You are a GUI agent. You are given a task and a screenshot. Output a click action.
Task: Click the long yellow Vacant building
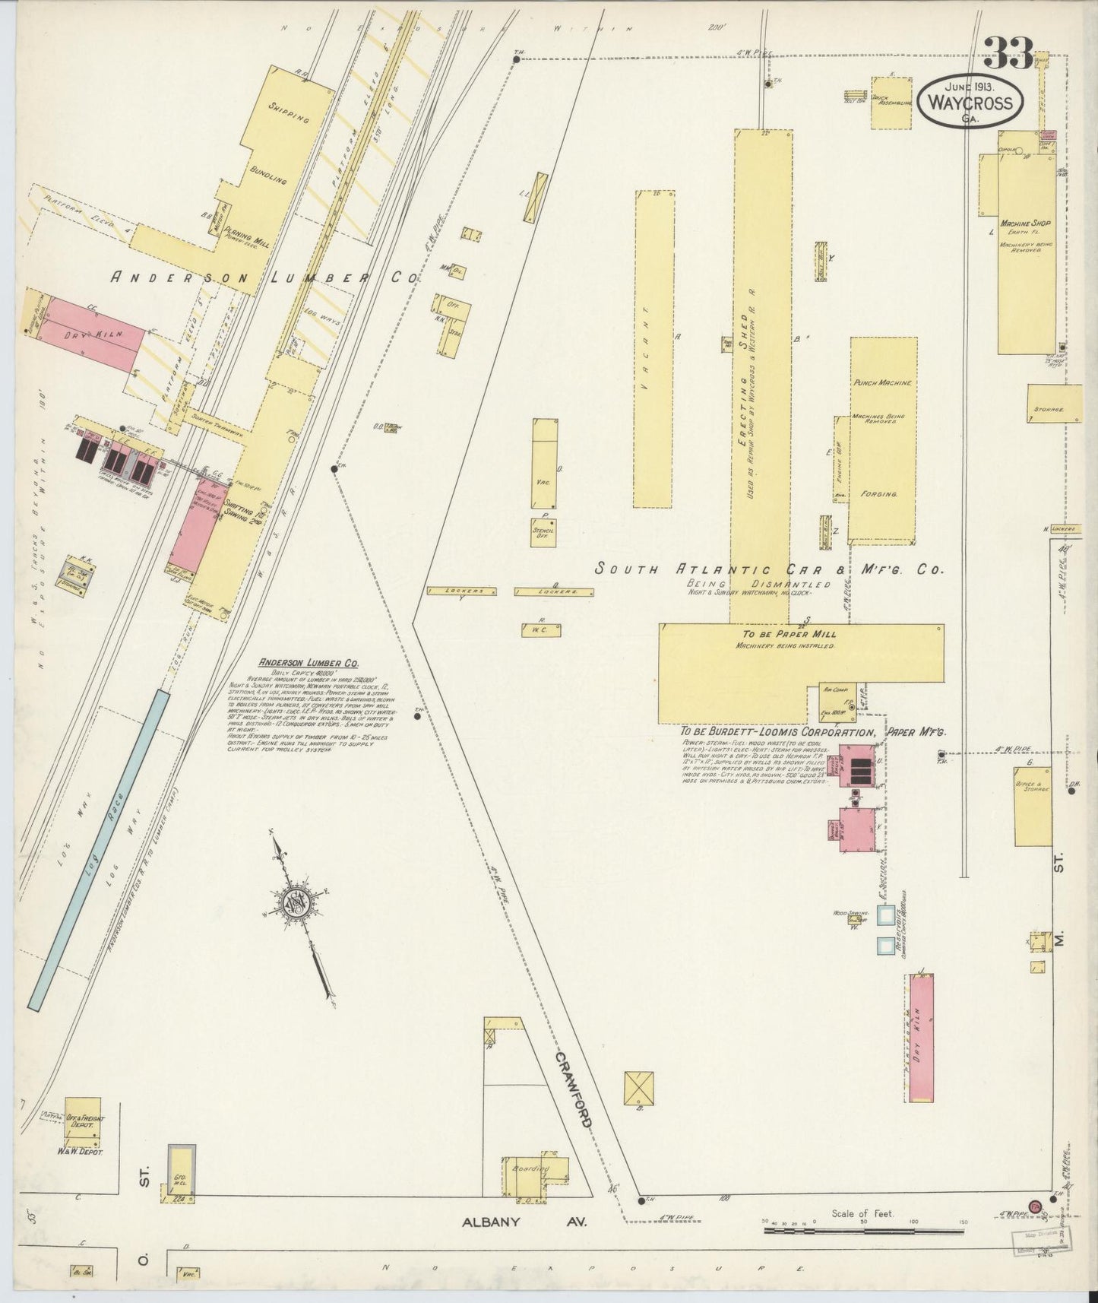[x=653, y=350]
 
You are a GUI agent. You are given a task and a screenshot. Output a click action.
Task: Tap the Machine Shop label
[x=1024, y=224]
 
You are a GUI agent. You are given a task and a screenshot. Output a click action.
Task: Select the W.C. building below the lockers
[x=540, y=630]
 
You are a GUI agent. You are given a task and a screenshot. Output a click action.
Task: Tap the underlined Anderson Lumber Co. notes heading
[x=298, y=662]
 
